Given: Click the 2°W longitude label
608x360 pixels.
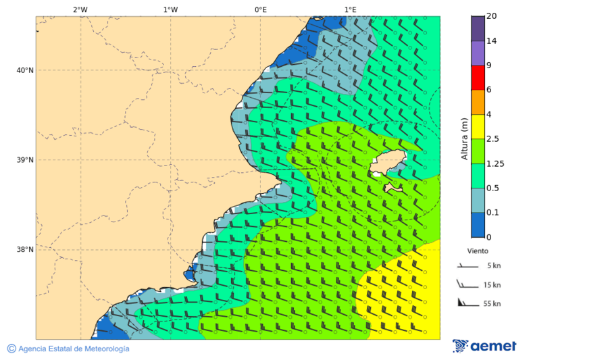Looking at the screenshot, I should point(80,9).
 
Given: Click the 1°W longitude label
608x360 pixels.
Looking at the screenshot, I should point(170,9).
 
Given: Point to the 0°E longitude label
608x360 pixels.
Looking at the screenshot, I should point(260,9).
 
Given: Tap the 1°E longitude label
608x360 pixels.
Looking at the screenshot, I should point(350,9).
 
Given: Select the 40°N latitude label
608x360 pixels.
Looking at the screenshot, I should point(25,70).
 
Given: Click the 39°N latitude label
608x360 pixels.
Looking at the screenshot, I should point(25,160).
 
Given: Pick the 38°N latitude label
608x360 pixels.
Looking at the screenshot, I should point(25,250).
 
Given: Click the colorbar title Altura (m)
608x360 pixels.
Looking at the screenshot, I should point(464,138).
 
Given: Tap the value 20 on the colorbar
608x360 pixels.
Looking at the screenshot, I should point(492,16).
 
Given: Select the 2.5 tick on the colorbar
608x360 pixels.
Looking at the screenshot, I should point(494,139).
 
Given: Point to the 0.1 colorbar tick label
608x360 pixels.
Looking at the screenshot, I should point(494,213).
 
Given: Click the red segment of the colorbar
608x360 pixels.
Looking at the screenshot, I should point(478,78).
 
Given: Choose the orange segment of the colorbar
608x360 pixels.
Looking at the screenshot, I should point(478,102).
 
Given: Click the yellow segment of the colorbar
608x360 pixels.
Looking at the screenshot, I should point(478,126).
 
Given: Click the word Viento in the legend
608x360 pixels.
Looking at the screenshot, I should point(478,251).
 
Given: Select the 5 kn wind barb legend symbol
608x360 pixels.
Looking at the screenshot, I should point(466,266).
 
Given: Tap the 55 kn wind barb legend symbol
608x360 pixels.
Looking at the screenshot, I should point(466,302).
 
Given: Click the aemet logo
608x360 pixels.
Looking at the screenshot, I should point(484,346).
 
